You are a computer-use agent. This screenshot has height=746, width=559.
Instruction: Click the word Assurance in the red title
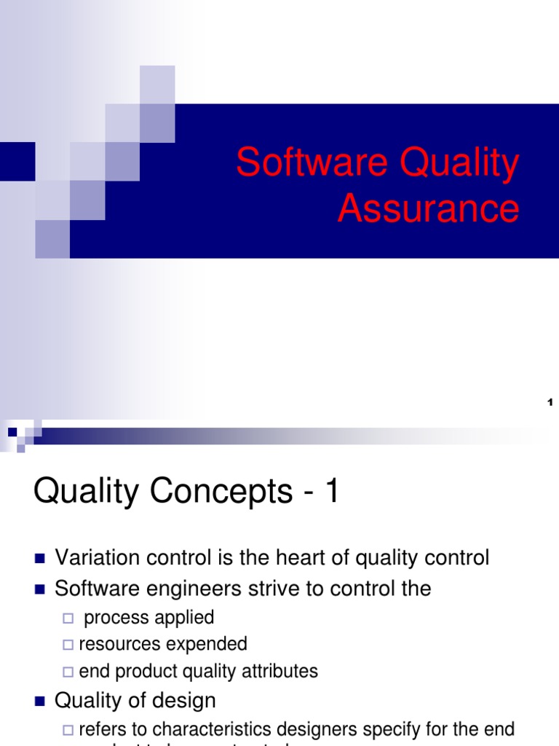tap(428, 208)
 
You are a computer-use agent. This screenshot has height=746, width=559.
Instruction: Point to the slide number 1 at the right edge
tap(550, 402)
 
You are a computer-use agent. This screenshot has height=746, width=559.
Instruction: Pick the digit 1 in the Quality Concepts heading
tap(332, 492)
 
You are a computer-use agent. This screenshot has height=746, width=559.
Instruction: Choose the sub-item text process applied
tap(149, 618)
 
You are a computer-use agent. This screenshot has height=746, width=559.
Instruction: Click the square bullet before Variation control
tap(40, 559)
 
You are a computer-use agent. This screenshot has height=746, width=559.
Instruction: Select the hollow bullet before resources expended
tap(68, 645)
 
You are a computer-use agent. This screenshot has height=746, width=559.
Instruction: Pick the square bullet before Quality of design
tap(40, 702)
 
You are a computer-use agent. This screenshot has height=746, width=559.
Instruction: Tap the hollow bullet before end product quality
tap(68, 671)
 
